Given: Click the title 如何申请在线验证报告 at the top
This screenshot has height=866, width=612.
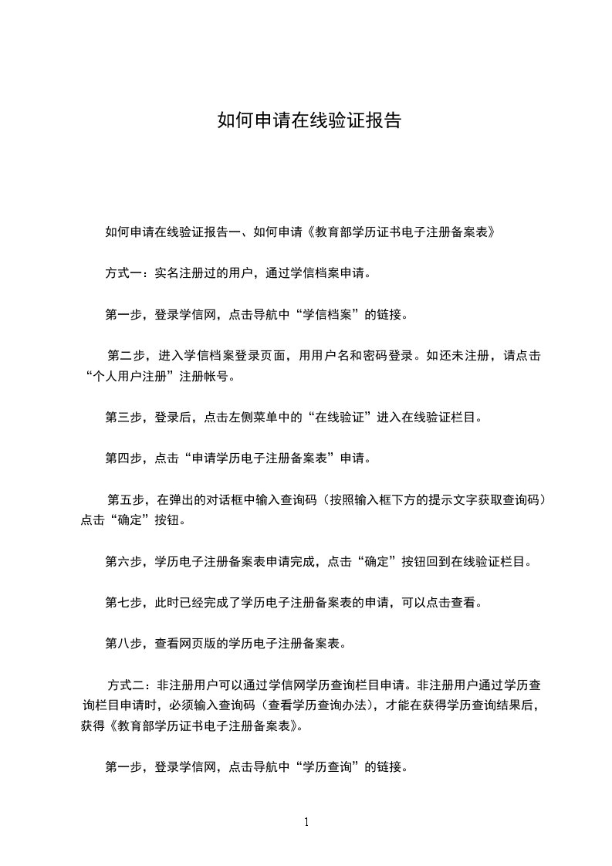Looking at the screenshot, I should [x=309, y=121].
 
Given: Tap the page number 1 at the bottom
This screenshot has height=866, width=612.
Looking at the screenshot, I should [x=306, y=822].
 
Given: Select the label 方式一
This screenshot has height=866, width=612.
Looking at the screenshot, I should [x=123, y=272].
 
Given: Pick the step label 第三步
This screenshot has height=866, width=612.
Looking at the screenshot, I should [x=123, y=418].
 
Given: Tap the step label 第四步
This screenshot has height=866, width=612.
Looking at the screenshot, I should [x=123, y=458].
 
